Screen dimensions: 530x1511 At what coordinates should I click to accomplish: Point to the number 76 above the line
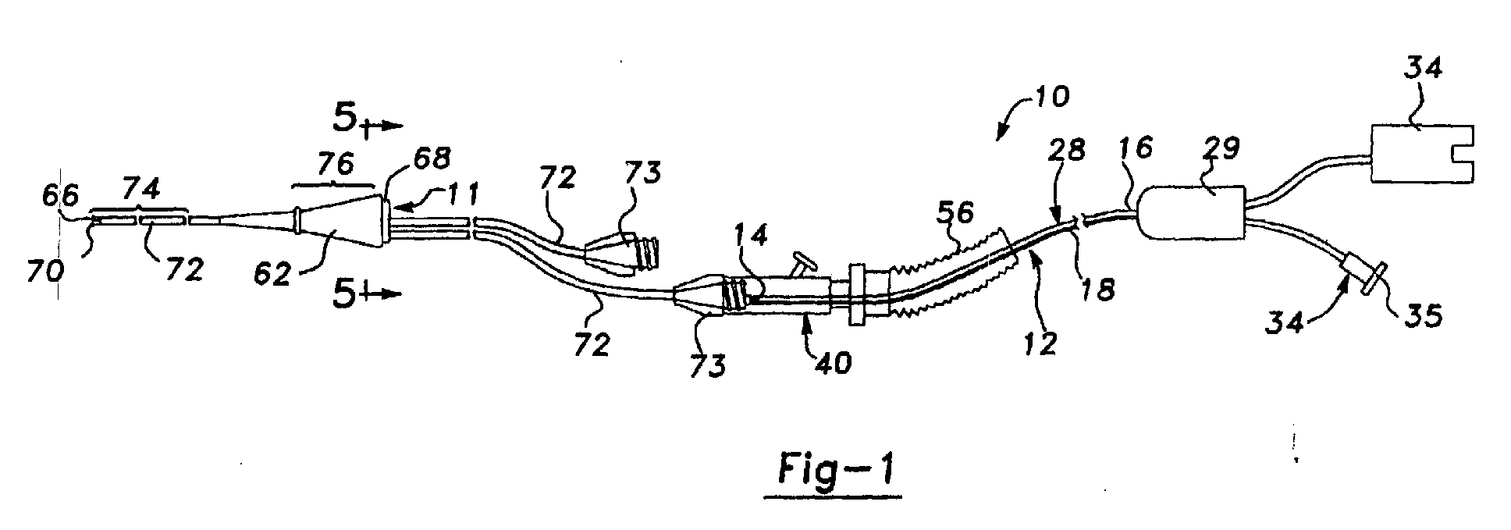pyautogui.click(x=334, y=164)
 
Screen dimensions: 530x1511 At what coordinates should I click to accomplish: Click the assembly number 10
pyautogui.click(x=1048, y=98)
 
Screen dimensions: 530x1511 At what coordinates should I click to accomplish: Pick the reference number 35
pyautogui.click(x=1422, y=318)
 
